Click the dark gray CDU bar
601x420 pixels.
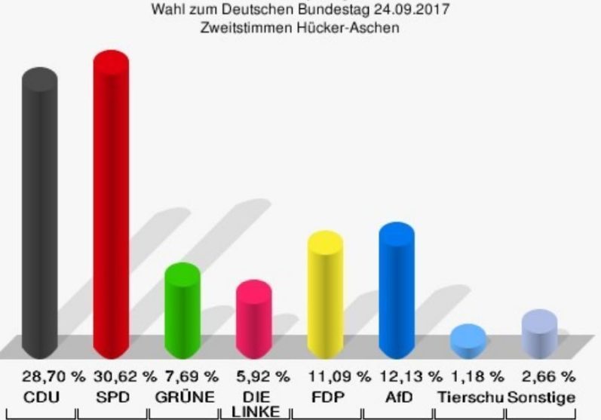pyautogui.click(x=39, y=211)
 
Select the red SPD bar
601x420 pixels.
pyautogui.click(x=111, y=204)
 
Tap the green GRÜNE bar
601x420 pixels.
pyautogui.click(x=182, y=309)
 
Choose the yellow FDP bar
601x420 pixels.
pyautogui.click(x=325, y=294)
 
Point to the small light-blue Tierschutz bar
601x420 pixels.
pyautogui.click(x=468, y=341)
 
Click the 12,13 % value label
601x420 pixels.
pyautogui.click(x=411, y=376)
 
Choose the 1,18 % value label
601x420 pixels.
pyautogui.click(x=477, y=376)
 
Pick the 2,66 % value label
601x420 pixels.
pyautogui.click(x=548, y=376)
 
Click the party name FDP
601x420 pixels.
pyautogui.click(x=325, y=397)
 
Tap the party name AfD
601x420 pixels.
pyautogui.click(x=397, y=397)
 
